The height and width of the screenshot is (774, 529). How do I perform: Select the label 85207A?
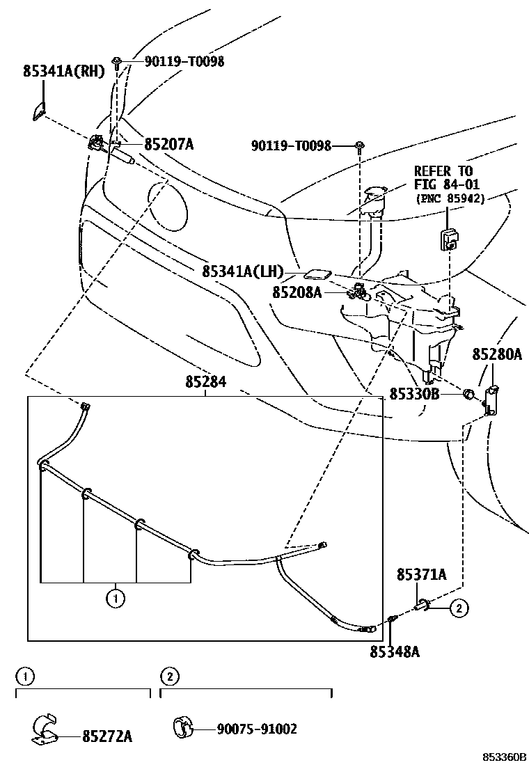[168, 145]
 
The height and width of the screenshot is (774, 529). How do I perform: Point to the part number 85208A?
[297, 293]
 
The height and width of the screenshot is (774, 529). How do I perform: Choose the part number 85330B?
[414, 395]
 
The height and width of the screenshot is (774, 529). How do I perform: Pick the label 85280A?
[497, 354]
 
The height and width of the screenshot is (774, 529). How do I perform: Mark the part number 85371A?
[422, 575]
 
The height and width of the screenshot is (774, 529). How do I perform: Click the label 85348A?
[395, 651]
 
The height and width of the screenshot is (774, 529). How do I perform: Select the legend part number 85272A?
[107, 735]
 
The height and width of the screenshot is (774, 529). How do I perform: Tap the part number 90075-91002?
[257, 729]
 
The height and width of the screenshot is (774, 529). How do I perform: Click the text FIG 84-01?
[443, 184]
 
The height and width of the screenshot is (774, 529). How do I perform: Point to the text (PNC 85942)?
[451, 198]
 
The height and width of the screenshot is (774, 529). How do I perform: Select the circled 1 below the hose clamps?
[115, 597]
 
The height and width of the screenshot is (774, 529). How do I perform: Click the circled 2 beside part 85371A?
[459, 608]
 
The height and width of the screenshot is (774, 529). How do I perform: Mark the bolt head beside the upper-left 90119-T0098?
[120, 61]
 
